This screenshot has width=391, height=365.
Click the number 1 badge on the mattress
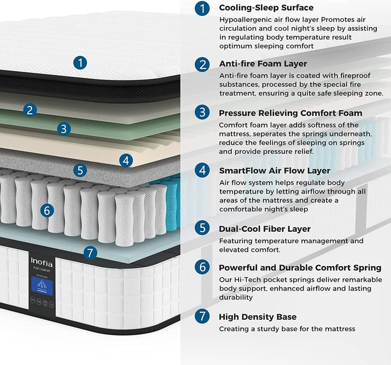pyautogui.click(x=80, y=63)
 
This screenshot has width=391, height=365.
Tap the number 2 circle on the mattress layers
pyautogui.click(x=30, y=110)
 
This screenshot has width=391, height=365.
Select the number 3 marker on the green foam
pyautogui.click(x=64, y=129)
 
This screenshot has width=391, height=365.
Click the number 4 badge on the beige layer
pyautogui.click(x=126, y=160)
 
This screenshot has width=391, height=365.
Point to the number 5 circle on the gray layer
pyautogui.click(x=80, y=170)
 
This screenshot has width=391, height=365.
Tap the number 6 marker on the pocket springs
pyautogui.click(x=47, y=209)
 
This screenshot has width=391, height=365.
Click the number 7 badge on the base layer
pyautogui.click(x=91, y=253)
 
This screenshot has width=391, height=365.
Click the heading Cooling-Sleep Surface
pyautogui.click(x=266, y=8)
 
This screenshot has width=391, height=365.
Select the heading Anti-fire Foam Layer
pyautogui.click(x=263, y=64)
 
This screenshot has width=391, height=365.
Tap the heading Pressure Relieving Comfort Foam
pyautogui.click(x=291, y=113)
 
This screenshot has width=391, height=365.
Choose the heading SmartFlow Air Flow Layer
pyautogui.click(x=274, y=170)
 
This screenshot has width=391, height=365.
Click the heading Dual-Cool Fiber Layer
pyautogui.click(x=264, y=229)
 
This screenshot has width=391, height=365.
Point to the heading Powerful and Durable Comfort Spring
pyautogui.click(x=300, y=268)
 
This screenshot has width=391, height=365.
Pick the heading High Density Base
pyautogui.click(x=257, y=317)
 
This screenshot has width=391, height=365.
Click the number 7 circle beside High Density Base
pyautogui.click(x=203, y=317)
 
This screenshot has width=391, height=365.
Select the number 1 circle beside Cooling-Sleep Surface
pyautogui.click(x=203, y=9)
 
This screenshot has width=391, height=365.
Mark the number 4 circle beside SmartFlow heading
pyautogui.click(x=203, y=171)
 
